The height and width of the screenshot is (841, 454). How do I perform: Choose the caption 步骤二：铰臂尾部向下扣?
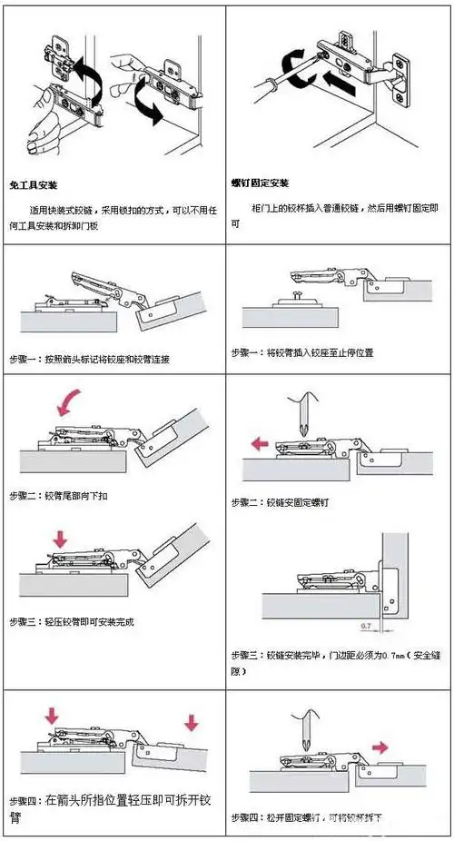coord(56,496)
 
